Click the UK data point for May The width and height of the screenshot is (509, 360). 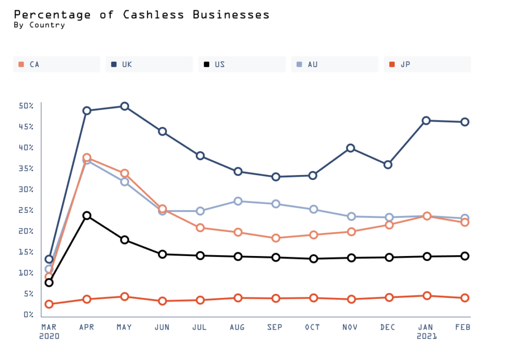click(x=125, y=106)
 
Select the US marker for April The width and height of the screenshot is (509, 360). click(x=87, y=215)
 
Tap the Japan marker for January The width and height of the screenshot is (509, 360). click(x=426, y=296)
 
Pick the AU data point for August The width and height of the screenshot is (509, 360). click(x=238, y=201)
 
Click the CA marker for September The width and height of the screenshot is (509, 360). click(x=275, y=238)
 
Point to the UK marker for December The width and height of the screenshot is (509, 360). click(x=388, y=165)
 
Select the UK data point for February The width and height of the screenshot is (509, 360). click(x=465, y=122)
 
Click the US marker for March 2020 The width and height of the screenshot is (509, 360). click(x=49, y=282)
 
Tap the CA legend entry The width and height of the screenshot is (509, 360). click(x=56, y=64)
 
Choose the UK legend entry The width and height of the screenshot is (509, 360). click(x=149, y=64)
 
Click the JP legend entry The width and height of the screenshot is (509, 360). click(x=427, y=64)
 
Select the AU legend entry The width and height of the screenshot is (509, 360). click(x=335, y=64)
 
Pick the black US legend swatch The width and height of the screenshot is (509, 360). click(x=206, y=64)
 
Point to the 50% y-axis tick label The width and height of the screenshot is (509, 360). click(x=26, y=106)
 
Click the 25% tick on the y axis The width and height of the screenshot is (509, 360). click(x=26, y=210)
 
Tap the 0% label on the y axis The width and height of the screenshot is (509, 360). click(x=28, y=315)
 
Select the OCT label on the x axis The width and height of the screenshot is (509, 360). click(x=313, y=327)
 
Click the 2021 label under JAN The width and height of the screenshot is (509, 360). click(x=427, y=336)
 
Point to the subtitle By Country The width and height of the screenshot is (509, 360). click(x=39, y=25)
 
